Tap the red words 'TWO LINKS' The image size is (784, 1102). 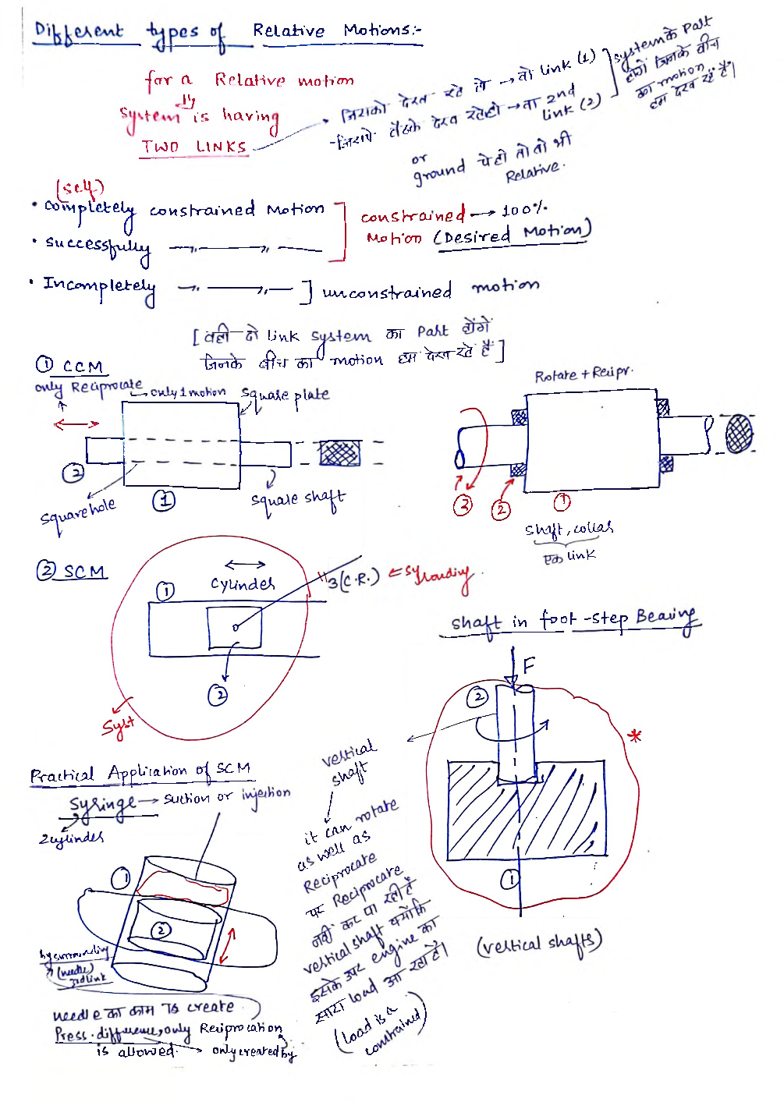(x=193, y=147)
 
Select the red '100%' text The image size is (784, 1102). (x=524, y=211)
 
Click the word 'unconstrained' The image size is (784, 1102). (x=387, y=292)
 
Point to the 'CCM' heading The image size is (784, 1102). (x=82, y=367)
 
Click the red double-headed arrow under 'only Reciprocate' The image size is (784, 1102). (x=76, y=424)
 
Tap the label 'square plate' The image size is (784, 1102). (x=286, y=395)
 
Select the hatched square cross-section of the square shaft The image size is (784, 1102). (x=340, y=453)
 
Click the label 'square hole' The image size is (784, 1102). (x=78, y=512)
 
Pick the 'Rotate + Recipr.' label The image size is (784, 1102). (x=583, y=374)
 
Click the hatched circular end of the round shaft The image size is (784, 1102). (x=739, y=434)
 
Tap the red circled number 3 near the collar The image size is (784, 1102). (x=463, y=505)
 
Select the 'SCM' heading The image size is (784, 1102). (x=83, y=572)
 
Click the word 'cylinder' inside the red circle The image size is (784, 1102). (x=243, y=584)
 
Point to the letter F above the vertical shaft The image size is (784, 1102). (x=529, y=665)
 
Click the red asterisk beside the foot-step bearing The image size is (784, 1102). (x=636, y=735)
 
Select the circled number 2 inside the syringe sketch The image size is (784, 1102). (x=161, y=930)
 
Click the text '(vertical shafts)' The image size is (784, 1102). (x=539, y=944)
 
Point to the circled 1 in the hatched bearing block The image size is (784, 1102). (x=509, y=880)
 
